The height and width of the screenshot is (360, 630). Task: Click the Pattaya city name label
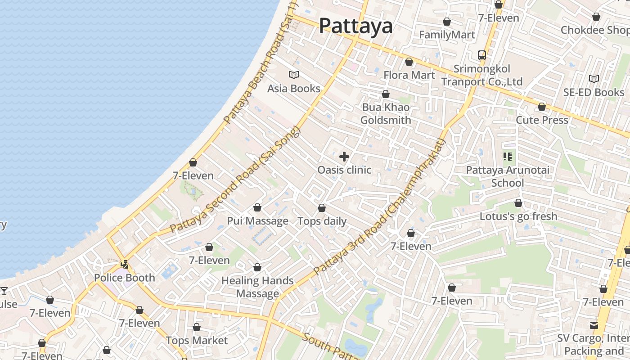click(355, 26)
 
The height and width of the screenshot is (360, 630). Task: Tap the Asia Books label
click(294, 89)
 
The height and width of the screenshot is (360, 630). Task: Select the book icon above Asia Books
click(294, 75)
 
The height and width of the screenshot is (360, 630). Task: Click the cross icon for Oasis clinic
click(344, 157)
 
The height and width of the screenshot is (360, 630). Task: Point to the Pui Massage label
click(257, 221)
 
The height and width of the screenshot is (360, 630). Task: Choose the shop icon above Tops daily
click(322, 208)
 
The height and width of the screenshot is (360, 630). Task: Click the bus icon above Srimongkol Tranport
click(481, 55)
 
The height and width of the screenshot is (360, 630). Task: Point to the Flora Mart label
click(409, 75)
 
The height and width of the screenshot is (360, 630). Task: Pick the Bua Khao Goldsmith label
click(386, 114)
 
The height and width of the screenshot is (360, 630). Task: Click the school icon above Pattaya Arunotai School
click(508, 157)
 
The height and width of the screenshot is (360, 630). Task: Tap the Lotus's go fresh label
click(518, 216)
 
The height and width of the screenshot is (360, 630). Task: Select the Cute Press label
click(542, 120)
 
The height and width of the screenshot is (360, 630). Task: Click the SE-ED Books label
click(594, 93)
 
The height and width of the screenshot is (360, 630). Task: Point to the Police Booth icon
click(124, 265)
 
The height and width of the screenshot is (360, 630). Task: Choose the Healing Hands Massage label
click(257, 287)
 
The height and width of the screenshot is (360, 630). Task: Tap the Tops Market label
click(197, 341)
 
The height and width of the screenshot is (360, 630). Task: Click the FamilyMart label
click(447, 35)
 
